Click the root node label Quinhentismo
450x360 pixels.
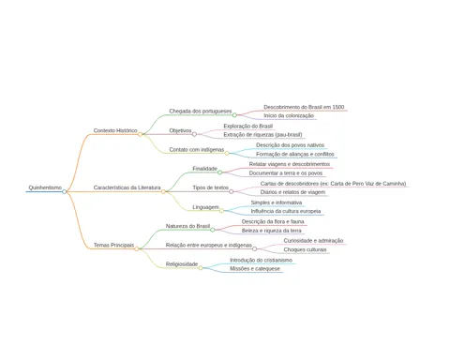(x=45, y=187)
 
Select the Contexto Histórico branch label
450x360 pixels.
(x=115, y=130)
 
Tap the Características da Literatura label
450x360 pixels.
(x=127, y=187)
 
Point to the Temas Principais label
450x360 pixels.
(x=113, y=245)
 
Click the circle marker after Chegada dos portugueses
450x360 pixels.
(x=234, y=115)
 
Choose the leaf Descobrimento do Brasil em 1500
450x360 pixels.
(x=304, y=107)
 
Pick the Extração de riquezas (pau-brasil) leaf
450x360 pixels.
(x=262, y=135)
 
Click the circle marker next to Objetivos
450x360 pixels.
(x=194, y=134)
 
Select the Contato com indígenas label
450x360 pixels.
(x=197, y=149)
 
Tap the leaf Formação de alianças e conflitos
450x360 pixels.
(x=295, y=154)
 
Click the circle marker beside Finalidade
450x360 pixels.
(x=219, y=172)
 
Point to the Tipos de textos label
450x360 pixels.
(x=211, y=187)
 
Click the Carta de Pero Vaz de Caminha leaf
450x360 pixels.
(x=333, y=184)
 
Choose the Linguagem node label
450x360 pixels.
(x=205, y=207)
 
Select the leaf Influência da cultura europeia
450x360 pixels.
(x=286, y=211)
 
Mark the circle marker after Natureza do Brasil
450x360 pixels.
(x=213, y=230)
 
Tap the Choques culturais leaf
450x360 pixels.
(x=305, y=249)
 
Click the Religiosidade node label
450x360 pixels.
(x=182, y=264)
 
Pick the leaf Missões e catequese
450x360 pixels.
(x=255, y=269)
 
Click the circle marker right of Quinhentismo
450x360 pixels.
(x=64, y=191)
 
